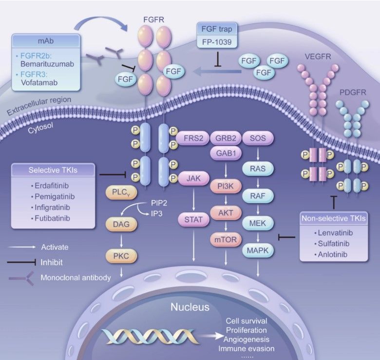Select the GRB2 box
225,138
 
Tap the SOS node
257,138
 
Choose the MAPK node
258,250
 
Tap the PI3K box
225,186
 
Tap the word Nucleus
190,307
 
